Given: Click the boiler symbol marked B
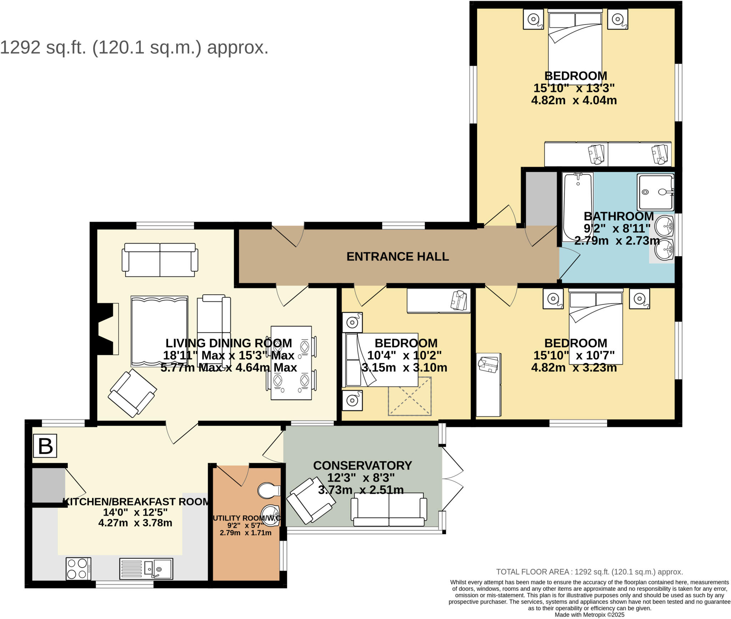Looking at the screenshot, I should click(45, 446).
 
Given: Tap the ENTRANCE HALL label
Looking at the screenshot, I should click(397, 257).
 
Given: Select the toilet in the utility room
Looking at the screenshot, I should click(268, 491).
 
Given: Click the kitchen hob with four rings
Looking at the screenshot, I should click(78, 569).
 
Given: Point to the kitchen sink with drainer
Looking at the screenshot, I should click(146, 569).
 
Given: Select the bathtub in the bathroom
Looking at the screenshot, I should click(577, 207).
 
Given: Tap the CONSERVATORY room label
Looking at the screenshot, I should click(362, 466).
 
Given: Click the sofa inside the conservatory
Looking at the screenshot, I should click(389, 509).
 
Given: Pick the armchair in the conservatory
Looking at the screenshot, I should click(311, 501).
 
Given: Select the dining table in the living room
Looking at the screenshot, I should click(291, 363).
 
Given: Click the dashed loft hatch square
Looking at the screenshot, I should click(409, 396).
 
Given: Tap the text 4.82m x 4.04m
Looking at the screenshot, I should click(574, 100).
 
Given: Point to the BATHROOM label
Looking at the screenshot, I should click(618, 216).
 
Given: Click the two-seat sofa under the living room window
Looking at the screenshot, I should click(160, 259).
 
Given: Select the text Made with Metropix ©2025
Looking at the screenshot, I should click(589, 615).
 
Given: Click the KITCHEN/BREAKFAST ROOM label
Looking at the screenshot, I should click(136, 502).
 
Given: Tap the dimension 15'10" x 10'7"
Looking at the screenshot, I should click(574, 355).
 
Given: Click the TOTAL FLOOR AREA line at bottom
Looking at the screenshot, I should click(589, 572).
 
